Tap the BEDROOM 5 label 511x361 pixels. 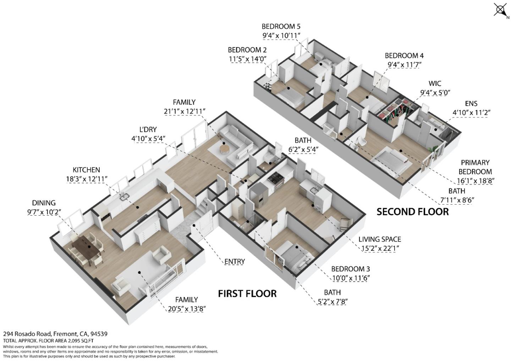(281, 26)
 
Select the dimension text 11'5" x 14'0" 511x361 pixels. (247, 59)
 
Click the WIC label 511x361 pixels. (435, 84)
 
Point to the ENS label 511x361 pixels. (471, 104)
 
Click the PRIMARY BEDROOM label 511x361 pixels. (475, 167)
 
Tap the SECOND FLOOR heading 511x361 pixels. (412, 212)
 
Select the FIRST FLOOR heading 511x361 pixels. (247, 294)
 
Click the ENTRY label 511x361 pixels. (235, 262)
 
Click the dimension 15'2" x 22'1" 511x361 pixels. (380, 249)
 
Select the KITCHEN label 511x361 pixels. (86, 170)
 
